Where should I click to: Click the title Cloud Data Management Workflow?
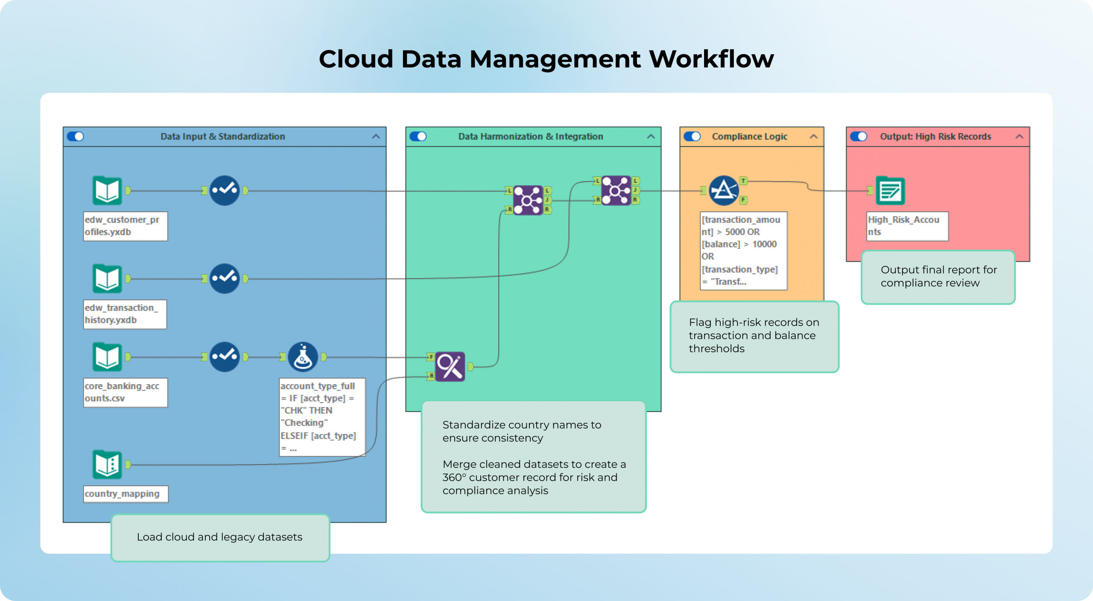pyautogui.click(x=546, y=59)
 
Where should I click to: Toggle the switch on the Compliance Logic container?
pyautogui.click(x=692, y=137)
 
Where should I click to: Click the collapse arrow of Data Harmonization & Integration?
pyautogui.click(x=651, y=137)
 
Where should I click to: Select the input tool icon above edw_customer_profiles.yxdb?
pyautogui.click(x=107, y=190)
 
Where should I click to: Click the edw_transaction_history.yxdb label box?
pyautogui.click(x=125, y=314)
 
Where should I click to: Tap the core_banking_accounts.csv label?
pyautogui.click(x=125, y=392)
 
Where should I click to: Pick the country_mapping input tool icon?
pyautogui.click(x=107, y=464)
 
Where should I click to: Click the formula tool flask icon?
pyautogui.click(x=303, y=357)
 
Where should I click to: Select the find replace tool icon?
pyautogui.click(x=450, y=366)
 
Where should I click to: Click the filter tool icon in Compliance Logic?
pyautogui.click(x=724, y=190)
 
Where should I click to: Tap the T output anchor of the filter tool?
pyautogui.click(x=743, y=181)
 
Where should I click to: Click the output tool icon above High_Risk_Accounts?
pyautogui.click(x=890, y=190)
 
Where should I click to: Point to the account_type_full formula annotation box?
pyautogui.click(x=322, y=417)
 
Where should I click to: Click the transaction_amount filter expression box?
pyautogui.click(x=743, y=251)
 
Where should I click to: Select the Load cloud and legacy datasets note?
pyautogui.click(x=220, y=537)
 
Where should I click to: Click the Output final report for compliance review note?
pyautogui.click(x=938, y=277)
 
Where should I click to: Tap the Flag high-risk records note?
pyautogui.click(x=754, y=336)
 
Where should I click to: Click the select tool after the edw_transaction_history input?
pyautogui.click(x=225, y=279)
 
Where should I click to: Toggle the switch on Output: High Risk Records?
pyautogui.click(x=859, y=137)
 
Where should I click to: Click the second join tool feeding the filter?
pyautogui.click(x=616, y=190)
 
